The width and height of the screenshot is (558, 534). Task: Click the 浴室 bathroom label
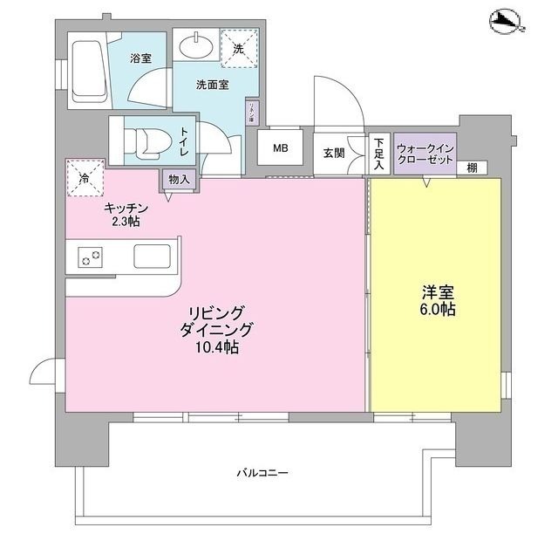141,59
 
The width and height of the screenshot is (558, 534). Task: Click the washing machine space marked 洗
238,49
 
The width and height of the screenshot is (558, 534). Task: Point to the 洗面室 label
212,86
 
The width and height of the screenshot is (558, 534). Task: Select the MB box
281,147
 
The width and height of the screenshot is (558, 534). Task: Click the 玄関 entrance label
334,153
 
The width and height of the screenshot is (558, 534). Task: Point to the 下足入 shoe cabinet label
379,152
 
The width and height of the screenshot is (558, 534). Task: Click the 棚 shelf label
471,168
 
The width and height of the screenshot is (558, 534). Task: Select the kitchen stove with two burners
90,257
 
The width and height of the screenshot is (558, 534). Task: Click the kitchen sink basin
154,256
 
